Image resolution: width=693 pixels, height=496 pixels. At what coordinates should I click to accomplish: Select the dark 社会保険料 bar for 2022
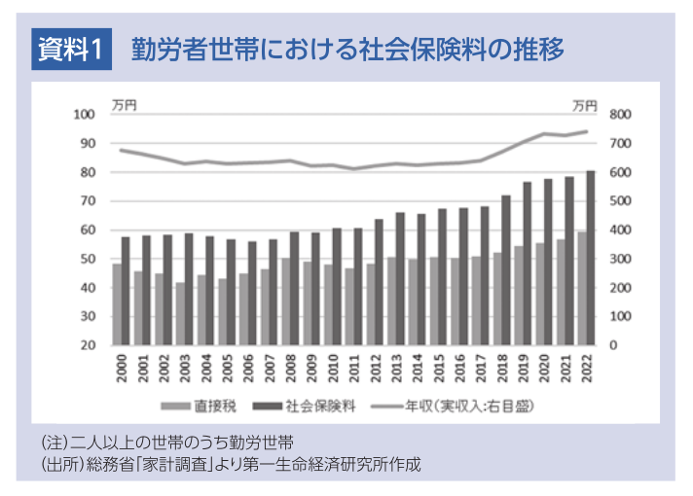(x=591, y=258)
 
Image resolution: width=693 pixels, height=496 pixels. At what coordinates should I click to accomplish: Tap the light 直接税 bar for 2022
(x=580, y=288)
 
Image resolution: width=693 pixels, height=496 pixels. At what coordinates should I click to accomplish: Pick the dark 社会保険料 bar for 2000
(x=126, y=291)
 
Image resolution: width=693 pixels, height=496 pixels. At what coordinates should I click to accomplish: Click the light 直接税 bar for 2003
(x=179, y=313)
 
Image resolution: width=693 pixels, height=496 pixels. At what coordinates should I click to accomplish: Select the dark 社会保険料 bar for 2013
(x=400, y=278)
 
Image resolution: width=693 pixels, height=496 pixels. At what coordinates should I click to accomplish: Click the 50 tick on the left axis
(x=88, y=260)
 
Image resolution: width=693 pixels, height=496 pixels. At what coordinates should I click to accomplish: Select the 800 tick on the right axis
(x=619, y=115)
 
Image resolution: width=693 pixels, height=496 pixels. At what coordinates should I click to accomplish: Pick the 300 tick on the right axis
(x=619, y=260)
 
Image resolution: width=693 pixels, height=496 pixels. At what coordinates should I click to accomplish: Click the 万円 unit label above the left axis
(x=124, y=101)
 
